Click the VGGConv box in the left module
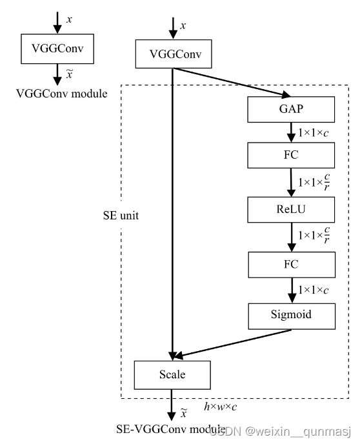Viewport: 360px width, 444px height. pyautogui.click(x=58, y=49)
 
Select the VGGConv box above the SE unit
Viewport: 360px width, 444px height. pyautogui.click(x=172, y=54)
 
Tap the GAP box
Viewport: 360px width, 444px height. pyautogui.click(x=292, y=109)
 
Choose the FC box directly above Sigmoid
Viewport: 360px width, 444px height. pyautogui.click(x=292, y=264)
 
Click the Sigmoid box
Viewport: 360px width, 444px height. pyautogui.click(x=292, y=316)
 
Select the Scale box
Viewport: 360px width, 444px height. pyautogui.click(x=172, y=374)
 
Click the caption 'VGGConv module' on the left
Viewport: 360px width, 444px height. pyautogui.click(x=61, y=94)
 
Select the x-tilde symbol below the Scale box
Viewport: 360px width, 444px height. pyautogui.click(x=183, y=412)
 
